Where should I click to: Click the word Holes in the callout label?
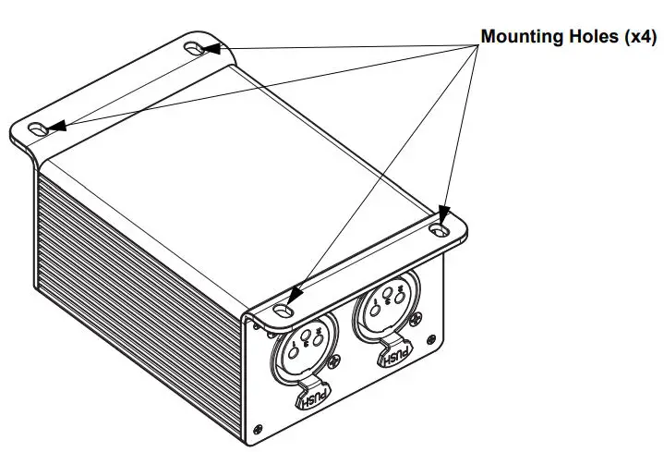tap(589, 38)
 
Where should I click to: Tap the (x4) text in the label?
tap(636, 38)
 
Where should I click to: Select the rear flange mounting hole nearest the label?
tap(198, 48)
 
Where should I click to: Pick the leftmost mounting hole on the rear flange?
tap(39, 128)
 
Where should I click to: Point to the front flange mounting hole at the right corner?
tap(441, 223)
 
